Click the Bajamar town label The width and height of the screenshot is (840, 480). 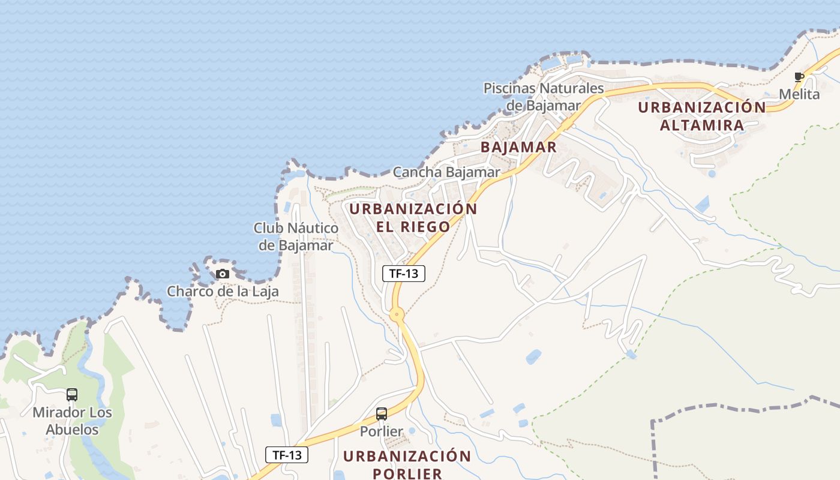pyautogui.click(x=518, y=147)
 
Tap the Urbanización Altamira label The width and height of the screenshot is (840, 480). pyautogui.click(x=701, y=116)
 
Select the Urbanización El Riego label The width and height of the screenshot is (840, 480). pyautogui.click(x=413, y=218)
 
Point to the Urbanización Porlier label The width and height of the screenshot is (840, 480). pyautogui.click(x=407, y=464)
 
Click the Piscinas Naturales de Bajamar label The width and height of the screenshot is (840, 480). pyautogui.click(x=544, y=97)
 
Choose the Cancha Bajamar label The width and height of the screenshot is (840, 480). pyautogui.click(x=446, y=172)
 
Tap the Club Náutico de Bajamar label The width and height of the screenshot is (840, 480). pyautogui.click(x=296, y=236)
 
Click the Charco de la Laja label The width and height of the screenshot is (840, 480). pyautogui.click(x=223, y=292)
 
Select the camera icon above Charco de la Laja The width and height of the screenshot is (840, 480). pyautogui.click(x=223, y=274)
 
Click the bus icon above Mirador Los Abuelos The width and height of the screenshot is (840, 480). pyautogui.click(x=72, y=395)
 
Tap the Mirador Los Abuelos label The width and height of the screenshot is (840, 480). pyautogui.click(x=72, y=421)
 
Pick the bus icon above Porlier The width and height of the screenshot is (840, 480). pyautogui.click(x=382, y=414)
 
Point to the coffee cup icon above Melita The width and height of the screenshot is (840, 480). pyautogui.click(x=799, y=77)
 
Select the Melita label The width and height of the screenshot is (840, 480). pyautogui.click(x=799, y=94)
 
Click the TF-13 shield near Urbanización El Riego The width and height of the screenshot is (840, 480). pyautogui.click(x=404, y=274)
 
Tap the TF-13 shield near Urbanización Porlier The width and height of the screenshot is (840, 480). pyautogui.click(x=287, y=455)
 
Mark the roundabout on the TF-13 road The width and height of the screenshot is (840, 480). pyautogui.click(x=397, y=314)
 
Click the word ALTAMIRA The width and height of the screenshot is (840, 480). pyautogui.click(x=701, y=125)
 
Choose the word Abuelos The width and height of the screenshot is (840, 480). pyautogui.click(x=72, y=430)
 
